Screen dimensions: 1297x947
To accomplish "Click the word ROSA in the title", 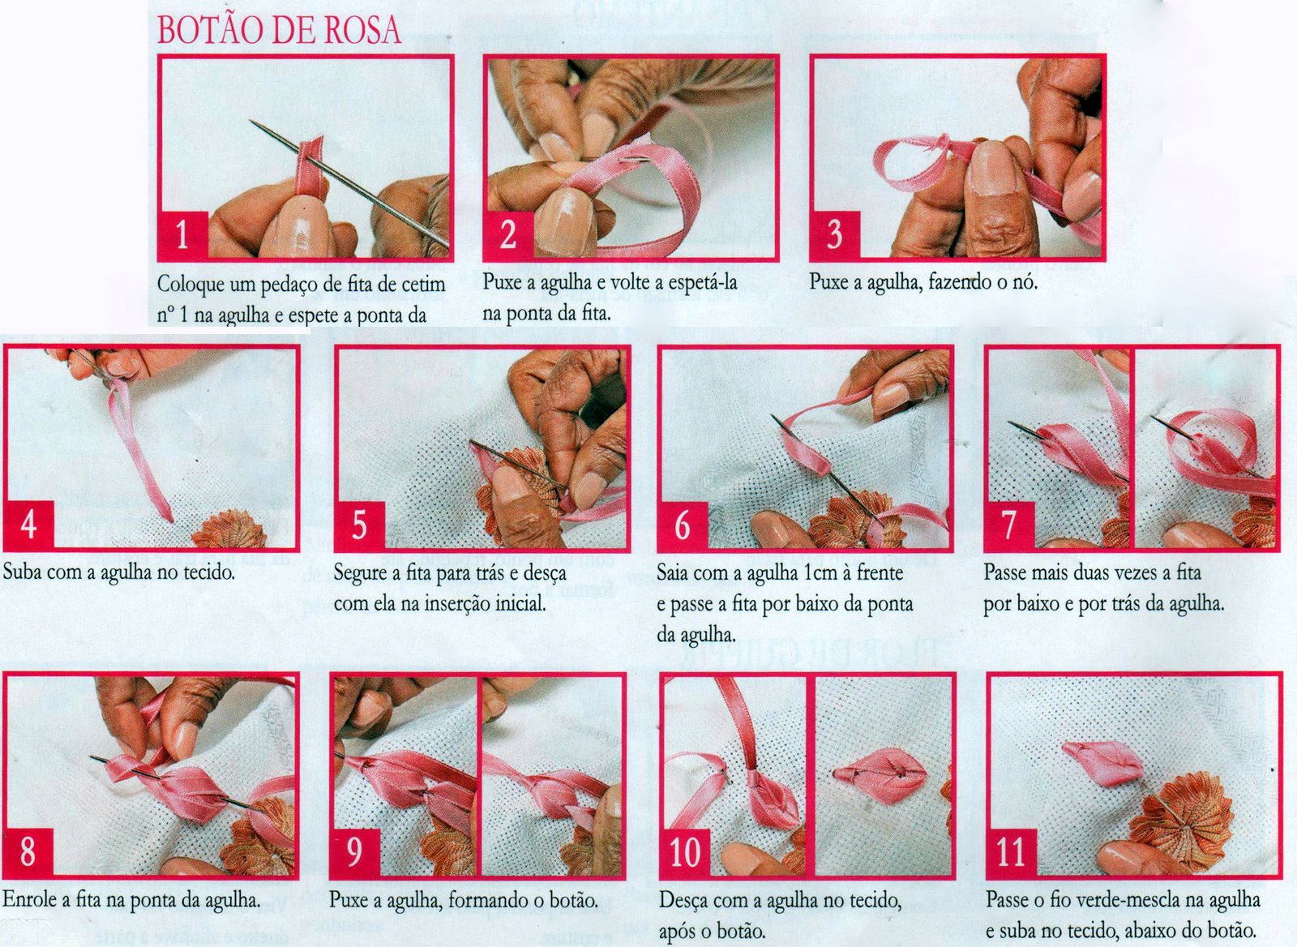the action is click(362, 31).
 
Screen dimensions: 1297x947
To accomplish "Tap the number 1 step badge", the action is click(183, 236).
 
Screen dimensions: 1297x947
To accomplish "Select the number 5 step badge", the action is click(360, 525).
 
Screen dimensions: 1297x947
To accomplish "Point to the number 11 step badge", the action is click(1012, 852).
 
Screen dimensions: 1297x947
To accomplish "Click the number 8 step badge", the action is click(28, 852).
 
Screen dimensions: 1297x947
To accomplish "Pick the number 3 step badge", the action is click(834, 235).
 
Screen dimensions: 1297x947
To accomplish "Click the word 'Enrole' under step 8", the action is click(31, 899).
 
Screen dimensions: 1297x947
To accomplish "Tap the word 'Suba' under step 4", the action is click(23, 572).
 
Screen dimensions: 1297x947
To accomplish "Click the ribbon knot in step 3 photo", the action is click(941, 142).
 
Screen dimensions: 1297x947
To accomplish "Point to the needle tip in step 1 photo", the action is click(251, 121).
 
